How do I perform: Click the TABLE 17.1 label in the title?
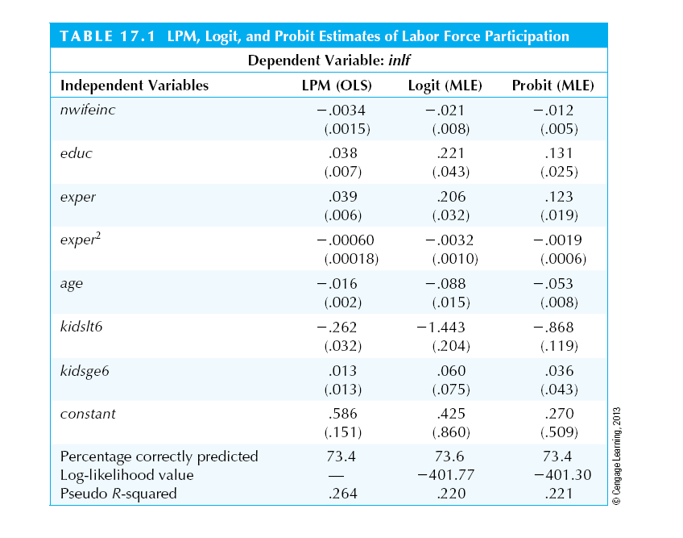click(x=107, y=35)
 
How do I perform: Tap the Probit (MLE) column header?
click(x=553, y=85)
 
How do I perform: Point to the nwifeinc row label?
click(x=88, y=110)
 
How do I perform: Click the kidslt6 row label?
click(x=82, y=327)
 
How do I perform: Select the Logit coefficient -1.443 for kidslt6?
click(x=441, y=327)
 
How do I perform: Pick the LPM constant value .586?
click(x=343, y=414)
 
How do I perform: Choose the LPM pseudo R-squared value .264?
click(x=343, y=494)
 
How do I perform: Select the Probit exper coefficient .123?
click(x=559, y=197)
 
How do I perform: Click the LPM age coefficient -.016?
click(x=337, y=284)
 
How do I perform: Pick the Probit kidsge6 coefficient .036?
click(x=559, y=371)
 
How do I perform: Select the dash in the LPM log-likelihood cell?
click(x=341, y=475)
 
